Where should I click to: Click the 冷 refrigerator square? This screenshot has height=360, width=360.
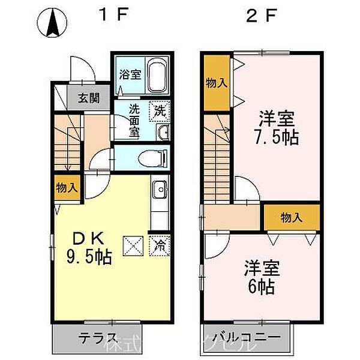tap(160, 245)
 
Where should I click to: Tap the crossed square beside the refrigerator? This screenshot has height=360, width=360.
tap(133, 245)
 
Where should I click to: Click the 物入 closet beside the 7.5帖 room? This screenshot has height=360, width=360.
tap(216, 82)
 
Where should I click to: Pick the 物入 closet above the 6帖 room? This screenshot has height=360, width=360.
tap(292, 217)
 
